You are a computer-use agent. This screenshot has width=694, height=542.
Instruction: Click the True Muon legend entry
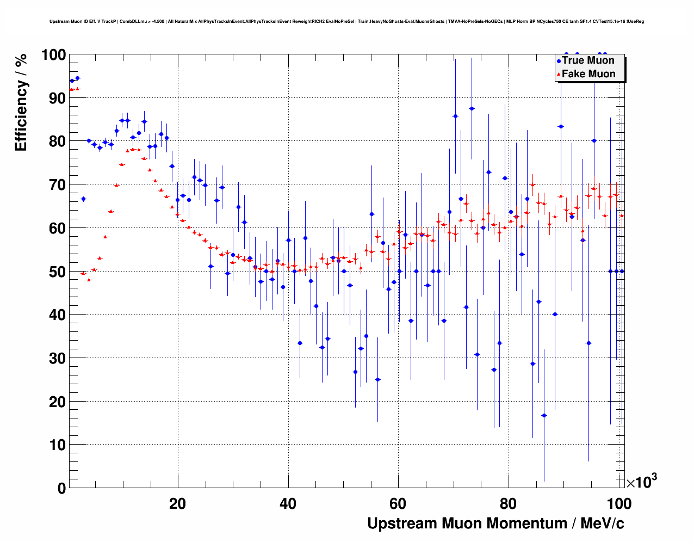tap(588, 60)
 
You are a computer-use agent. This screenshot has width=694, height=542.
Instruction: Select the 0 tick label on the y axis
tap(61, 488)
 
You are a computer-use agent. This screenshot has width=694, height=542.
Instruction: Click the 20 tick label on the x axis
tap(177, 504)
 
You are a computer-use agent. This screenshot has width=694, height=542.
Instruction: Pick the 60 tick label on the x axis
tap(399, 504)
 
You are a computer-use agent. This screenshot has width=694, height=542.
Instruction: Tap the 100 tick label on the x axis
tap(619, 504)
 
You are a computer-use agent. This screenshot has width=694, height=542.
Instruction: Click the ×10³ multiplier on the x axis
tap(641, 482)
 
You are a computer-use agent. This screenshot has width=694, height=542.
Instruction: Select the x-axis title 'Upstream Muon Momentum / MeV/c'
tap(495, 523)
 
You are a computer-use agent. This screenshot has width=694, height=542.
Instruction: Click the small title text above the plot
tap(346, 22)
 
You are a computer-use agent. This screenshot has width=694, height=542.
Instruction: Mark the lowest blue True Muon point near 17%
tap(544, 415)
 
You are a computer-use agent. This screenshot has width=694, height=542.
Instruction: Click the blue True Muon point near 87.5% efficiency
tap(472, 108)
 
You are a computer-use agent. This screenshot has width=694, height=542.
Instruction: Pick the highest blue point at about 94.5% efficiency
tap(77, 78)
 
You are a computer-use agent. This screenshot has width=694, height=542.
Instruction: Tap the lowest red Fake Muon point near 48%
tap(89, 280)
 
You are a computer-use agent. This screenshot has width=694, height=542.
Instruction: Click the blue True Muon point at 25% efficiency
tap(377, 379)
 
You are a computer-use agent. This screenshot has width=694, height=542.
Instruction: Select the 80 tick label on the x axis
tap(509, 504)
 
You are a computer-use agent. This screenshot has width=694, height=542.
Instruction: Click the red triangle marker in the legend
tap(558, 75)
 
